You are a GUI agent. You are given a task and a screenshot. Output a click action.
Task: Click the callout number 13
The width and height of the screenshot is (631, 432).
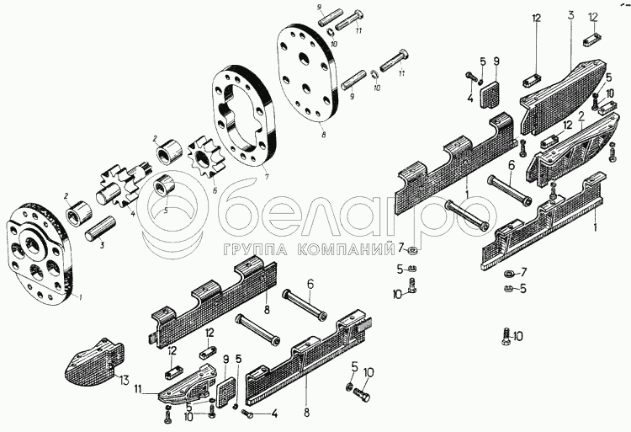pyautogui.click(x=124, y=380)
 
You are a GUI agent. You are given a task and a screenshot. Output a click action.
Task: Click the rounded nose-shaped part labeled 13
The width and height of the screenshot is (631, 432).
pyautogui.click(x=95, y=361)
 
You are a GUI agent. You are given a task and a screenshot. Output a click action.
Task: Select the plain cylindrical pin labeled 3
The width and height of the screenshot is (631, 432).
pyautogui.click(x=100, y=230)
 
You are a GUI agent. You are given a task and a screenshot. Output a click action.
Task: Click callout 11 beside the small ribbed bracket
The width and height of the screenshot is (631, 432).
pyautogui.click(x=138, y=388)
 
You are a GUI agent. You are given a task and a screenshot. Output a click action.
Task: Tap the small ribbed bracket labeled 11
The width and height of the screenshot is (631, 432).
pyautogui.click(x=186, y=385)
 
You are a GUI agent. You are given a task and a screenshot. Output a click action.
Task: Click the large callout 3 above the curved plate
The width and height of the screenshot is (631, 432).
pyautogui.click(x=571, y=16)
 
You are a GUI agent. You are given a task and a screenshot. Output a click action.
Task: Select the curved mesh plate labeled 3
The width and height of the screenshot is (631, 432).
pyautogui.click(x=563, y=97)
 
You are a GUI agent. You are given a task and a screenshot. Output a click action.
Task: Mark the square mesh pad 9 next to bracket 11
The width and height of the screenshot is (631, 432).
pyautogui.click(x=225, y=392)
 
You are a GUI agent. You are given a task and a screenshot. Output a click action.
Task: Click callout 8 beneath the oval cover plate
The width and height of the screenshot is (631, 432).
pyautogui.click(x=323, y=135)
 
